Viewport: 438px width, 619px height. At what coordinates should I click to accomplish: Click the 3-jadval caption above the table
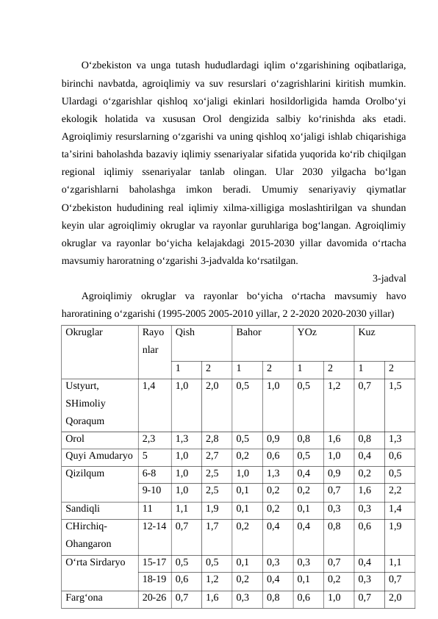pos(389,278)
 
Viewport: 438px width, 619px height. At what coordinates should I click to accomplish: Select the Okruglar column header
pos(85,332)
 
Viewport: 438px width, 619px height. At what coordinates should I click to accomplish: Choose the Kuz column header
pos(367,332)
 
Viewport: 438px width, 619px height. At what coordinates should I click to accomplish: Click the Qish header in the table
pos(185,332)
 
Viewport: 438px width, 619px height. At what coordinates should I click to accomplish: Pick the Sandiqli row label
pos(83,507)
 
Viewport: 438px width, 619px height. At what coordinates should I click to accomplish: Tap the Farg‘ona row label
pos(83,598)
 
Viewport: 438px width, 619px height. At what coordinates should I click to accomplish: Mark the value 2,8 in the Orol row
pos(211,439)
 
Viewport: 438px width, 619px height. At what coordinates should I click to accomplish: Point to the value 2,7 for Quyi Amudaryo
pos(211,455)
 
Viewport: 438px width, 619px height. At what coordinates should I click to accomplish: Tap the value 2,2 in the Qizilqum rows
pos(395,489)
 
